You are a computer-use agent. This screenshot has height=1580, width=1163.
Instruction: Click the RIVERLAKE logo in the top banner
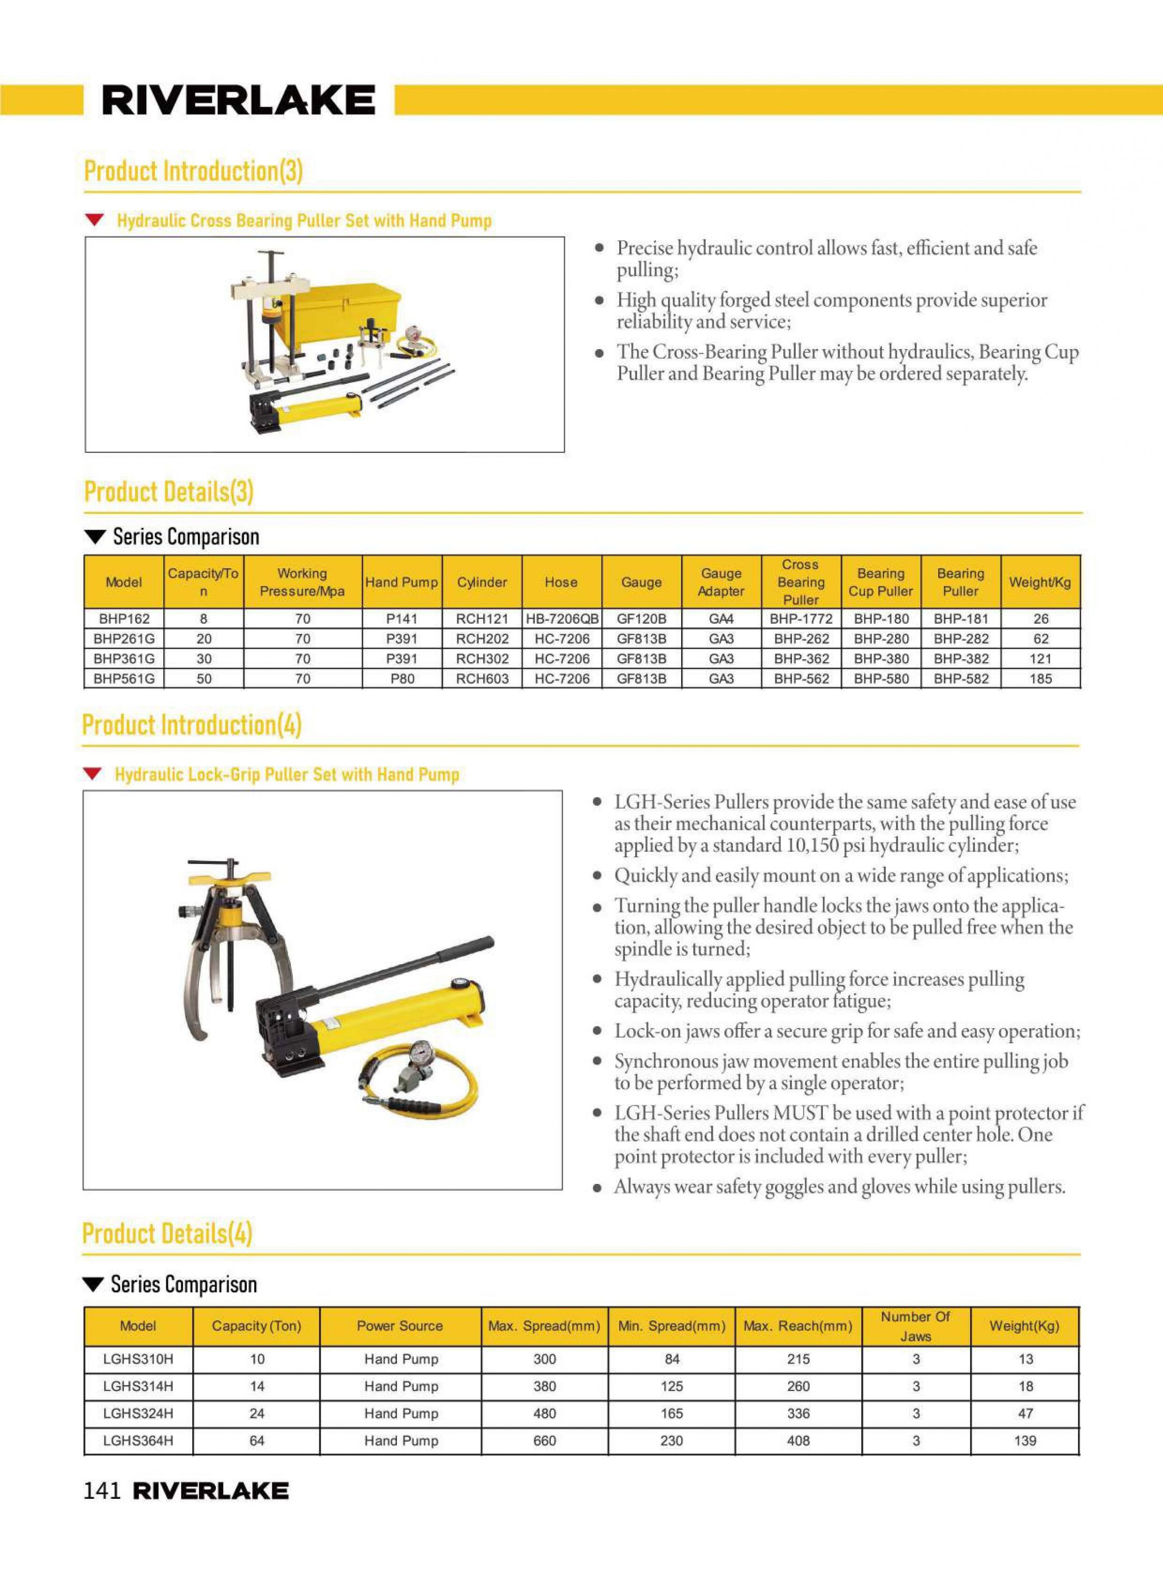click(238, 100)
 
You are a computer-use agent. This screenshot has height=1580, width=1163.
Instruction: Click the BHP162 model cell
click(124, 619)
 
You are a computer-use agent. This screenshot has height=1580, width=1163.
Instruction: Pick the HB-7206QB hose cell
click(562, 619)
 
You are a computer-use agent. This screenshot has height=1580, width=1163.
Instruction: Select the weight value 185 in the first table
click(1040, 679)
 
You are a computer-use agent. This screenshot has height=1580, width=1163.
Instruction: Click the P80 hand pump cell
click(402, 679)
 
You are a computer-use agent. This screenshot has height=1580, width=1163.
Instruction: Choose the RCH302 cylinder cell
click(482, 659)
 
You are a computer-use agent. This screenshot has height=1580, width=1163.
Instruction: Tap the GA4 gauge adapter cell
click(721, 619)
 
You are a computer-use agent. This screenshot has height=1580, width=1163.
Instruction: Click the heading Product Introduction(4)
click(192, 725)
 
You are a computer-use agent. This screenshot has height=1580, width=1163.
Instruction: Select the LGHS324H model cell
click(138, 1413)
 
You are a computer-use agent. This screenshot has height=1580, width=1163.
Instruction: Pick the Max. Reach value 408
click(798, 1440)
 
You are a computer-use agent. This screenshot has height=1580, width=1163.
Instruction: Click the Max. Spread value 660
click(544, 1440)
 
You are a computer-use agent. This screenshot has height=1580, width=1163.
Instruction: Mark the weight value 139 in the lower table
click(1025, 1440)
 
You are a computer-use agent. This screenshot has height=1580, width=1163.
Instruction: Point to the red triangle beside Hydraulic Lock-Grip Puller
click(92, 775)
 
